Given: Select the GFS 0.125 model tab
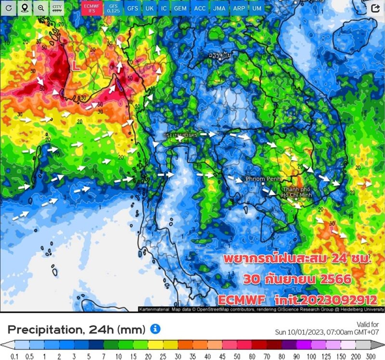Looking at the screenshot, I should [x=113, y=8].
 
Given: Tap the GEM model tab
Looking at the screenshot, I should [x=180, y=8].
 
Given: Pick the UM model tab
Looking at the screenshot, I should [x=257, y=8].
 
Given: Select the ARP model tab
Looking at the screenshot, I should [x=239, y=8].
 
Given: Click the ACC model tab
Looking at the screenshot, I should [x=200, y=8].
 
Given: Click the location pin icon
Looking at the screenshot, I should [x=25, y=8].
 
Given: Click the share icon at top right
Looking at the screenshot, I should [x=375, y=8].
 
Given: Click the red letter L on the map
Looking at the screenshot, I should [x=76, y=65].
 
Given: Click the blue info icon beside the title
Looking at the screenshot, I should [x=155, y=329].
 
